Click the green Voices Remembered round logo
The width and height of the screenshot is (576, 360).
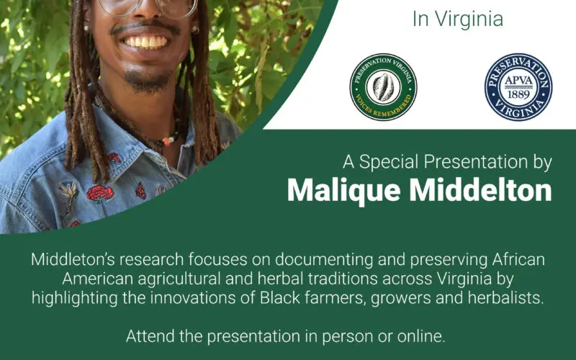383,87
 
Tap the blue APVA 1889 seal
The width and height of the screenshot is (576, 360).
518,87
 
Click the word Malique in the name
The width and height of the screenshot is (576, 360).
344,191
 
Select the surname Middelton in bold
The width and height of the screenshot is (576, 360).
480,190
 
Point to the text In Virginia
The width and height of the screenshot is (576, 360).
458,19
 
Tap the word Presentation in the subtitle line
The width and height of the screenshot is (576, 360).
476,161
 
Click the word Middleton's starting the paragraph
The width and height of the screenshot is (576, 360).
71,259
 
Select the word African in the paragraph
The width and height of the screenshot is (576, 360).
518,259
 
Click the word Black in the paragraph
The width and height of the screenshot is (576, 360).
280,298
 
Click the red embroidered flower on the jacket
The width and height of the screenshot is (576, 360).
100,193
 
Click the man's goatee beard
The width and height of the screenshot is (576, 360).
147,81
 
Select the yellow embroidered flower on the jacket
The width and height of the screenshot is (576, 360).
71,192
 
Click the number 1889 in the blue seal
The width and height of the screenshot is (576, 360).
518,94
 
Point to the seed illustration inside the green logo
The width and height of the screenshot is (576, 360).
383,86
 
